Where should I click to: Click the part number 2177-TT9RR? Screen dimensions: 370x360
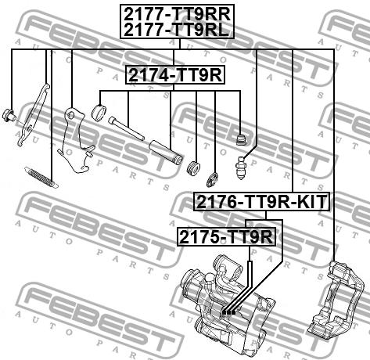pyautogui.click(x=177, y=14)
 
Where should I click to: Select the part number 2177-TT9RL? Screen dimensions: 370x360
pyautogui.click(x=176, y=30)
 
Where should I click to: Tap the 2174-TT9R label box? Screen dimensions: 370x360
pyautogui.click(x=175, y=75)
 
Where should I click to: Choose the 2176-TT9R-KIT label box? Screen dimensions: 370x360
pyautogui.click(x=261, y=202)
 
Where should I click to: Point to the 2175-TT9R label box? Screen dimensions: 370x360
pyautogui.click(x=226, y=236)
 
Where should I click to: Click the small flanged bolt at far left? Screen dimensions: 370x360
pyautogui.click(x=9, y=115)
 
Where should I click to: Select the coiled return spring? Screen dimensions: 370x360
pyautogui.click(x=41, y=178)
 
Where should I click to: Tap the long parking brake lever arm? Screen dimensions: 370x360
pyautogui.click(x=33, y=114)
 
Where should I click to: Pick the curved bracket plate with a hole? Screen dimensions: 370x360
pyautogui.click(x=75, y=140)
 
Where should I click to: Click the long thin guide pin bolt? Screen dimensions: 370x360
pyautogui.click(x=127, y=128)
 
